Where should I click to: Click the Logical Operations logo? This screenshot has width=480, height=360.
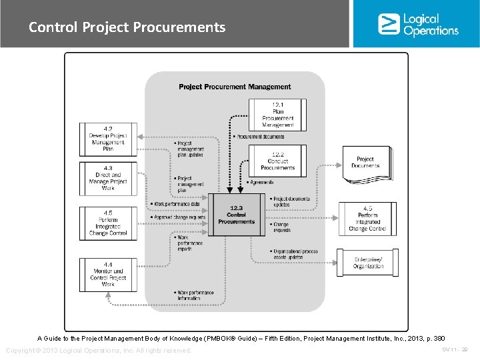tap(417, 24)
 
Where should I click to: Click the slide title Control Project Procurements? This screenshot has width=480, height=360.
tap(127, 27)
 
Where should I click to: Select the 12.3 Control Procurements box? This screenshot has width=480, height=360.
tap(236, 215)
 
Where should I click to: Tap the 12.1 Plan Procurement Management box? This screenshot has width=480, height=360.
tap(277, 115)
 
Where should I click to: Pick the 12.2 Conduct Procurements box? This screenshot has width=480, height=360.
tap(277, 161)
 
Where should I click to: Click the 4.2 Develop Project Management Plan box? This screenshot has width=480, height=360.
tap(107, 139)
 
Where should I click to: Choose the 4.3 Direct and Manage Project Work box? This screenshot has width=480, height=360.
tap(107, 178)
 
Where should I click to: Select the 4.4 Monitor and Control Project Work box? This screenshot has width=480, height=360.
tap(107, 275)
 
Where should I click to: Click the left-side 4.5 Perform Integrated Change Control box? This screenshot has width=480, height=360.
tap(107, 223)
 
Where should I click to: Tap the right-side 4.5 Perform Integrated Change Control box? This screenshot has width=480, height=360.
tap(367, 219)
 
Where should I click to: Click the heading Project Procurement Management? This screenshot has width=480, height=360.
tap(235, 87)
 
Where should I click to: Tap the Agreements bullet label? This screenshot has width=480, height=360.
tap(261, 182)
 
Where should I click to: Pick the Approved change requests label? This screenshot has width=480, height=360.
tap(179, 217)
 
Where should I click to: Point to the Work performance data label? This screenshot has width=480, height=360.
tap(176, 204)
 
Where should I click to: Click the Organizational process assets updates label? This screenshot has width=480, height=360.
tap(297, 254)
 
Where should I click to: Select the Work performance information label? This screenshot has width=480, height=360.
tap(194, 295)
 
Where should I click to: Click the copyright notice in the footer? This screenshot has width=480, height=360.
tap(98, 351)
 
